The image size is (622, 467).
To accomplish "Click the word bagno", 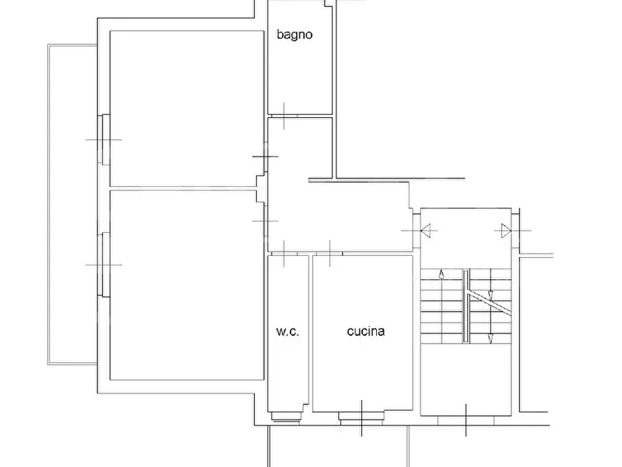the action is (x=295, y=35).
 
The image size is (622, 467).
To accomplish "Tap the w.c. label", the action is (x=288, y=331).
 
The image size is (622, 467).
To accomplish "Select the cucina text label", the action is (x=366, y=331).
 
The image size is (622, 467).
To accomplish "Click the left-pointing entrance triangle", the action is (x=426, y=230).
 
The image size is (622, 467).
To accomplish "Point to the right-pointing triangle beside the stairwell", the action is (x=506, y=230).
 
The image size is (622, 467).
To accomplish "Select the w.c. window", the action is (x=286, y=418).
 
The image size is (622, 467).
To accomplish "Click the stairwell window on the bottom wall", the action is (x=466, y=420).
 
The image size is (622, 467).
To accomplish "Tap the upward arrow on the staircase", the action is (x=442, y=275).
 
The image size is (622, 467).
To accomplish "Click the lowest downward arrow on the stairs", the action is (x=490, y=338).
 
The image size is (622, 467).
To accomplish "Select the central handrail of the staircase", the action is (x=466, y=306).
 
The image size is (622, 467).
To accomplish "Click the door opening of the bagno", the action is (x=283, y=116).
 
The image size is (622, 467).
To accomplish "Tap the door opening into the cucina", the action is (x=329, y=253).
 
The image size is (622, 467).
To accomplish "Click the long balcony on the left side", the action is (x=72, y=204).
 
